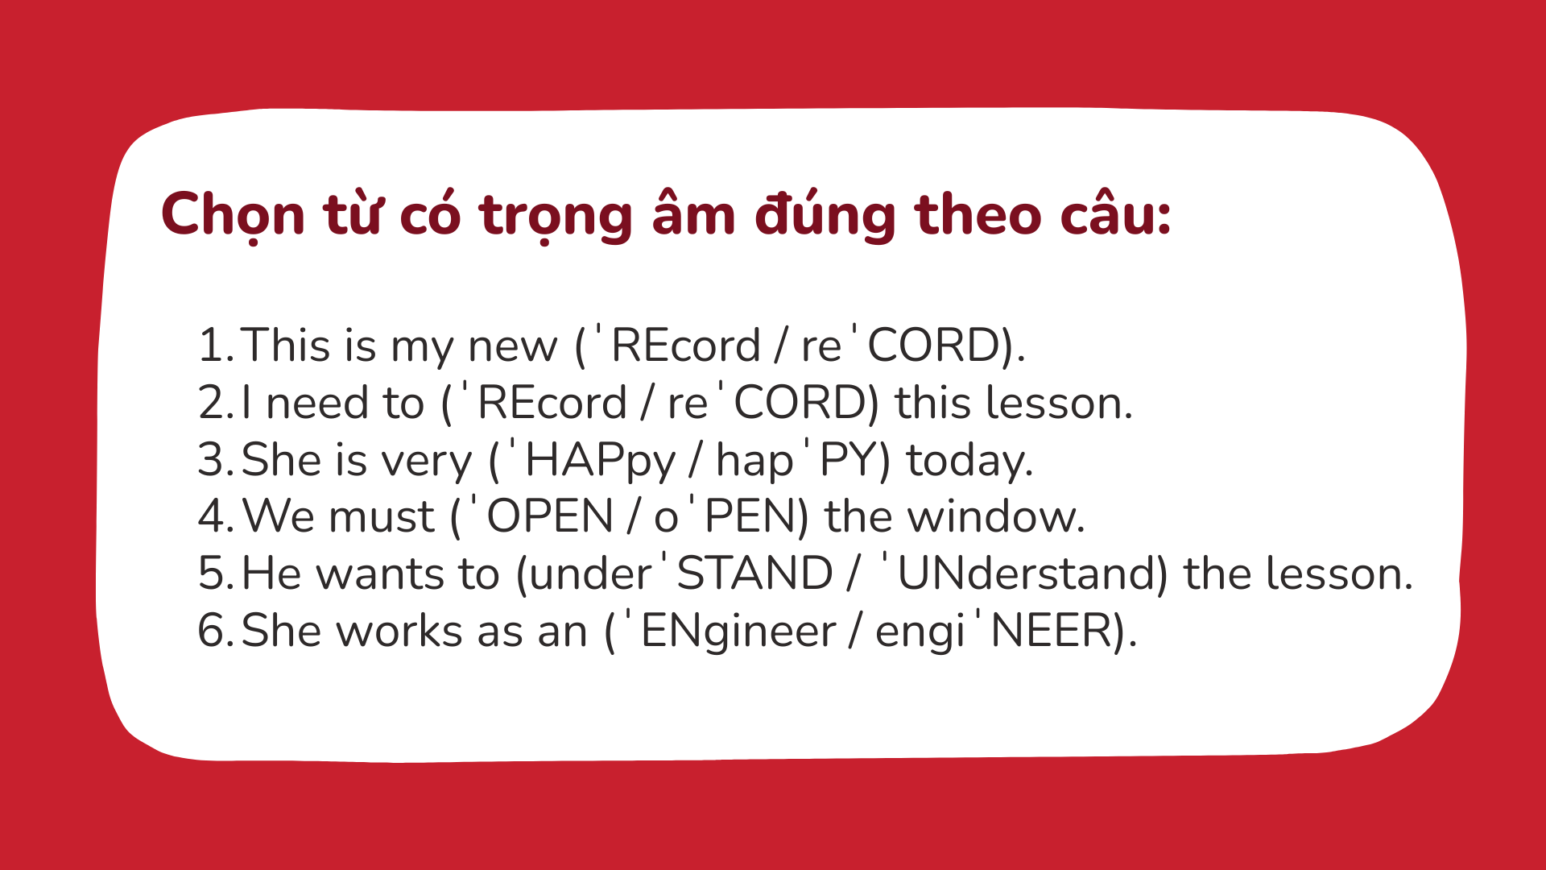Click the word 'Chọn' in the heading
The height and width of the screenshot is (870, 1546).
pos(233,215)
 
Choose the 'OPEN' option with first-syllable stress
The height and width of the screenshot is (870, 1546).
pos(541,516)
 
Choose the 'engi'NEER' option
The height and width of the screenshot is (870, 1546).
pos(994,631)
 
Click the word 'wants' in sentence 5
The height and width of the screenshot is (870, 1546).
pos(380,574)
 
